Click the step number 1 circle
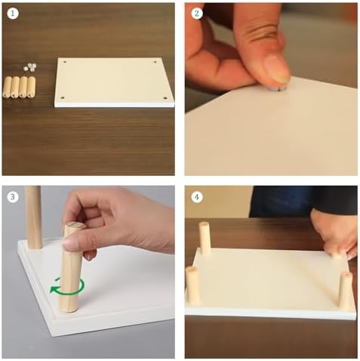coord(13,14)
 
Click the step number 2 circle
coord(196,14)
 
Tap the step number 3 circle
coord(13,196)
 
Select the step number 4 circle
coord(196,196)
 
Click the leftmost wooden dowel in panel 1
coord(8,87)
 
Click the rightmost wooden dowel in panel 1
coord(31,87)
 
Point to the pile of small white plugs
coord(30,67)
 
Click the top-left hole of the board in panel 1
coord(65,62)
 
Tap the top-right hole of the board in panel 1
coord(155,62)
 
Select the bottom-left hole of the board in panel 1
coord(63,97)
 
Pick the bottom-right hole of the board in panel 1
coord(165,98)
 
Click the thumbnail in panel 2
coord(277,69)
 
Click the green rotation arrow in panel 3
coord(67,287)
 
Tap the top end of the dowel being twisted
coord(75,226)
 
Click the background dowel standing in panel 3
coord(34,217)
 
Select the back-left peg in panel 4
coord(205,238)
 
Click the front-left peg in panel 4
coord(192,285)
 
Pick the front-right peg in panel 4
coord(345,291)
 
